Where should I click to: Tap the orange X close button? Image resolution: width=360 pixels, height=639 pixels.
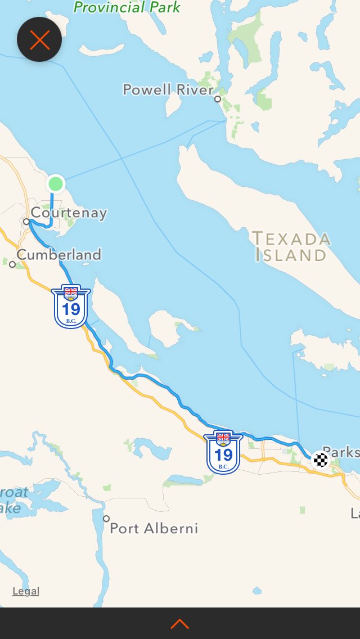click(39, 39)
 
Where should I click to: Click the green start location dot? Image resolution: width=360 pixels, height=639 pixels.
click(56, 183)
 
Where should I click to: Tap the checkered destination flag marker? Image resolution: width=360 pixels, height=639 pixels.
click(321, 460)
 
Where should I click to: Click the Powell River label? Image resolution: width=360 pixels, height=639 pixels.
click(168, 89)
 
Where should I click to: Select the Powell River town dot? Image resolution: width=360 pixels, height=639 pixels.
click(218, 99)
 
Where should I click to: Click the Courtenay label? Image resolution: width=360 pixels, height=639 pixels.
click(69, 213)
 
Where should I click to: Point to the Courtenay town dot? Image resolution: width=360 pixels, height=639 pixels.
click(26, 222)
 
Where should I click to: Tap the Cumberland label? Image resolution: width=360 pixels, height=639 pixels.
click(59, 255)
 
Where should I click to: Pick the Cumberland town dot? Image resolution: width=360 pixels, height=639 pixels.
click(12, 264)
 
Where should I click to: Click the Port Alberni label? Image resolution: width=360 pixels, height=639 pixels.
click(154, 528)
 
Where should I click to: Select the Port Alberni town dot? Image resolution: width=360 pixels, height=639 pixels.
click(106, 519)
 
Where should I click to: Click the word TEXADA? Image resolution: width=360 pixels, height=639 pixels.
click(291, 238)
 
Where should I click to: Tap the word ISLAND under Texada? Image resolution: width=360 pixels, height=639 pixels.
click(291, 255)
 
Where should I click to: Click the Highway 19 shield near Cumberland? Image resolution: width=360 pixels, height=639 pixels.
click(71, 307)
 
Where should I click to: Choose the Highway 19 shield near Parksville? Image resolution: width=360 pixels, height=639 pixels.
click(223, 452)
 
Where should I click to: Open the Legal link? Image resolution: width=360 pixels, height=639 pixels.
click(26, 591)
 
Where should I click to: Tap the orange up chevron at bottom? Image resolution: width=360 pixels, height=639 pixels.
click(179, 624)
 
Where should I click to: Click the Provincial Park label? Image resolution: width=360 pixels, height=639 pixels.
click(128, 7)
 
